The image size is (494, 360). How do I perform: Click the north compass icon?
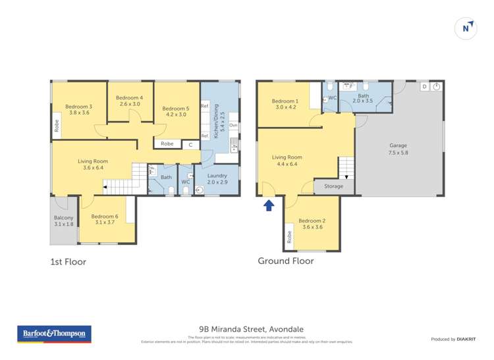pyautogui.click(x=466, y=28)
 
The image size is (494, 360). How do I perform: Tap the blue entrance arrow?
pyautogui.click(x=269, y=205)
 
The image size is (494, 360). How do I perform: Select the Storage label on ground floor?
pyautogui.click(x=333, y=186)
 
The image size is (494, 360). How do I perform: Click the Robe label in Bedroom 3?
pyautogui.click(x=57, y=125)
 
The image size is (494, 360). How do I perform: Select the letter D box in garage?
pyautogui.click(x=424, y=86)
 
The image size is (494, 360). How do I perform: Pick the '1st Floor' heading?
pyautogui.click(x=68, y=261)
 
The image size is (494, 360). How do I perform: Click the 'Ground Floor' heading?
pyautogui.click(x=285, y=261)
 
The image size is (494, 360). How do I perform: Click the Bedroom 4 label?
pyautogui.click(x=131, y=101)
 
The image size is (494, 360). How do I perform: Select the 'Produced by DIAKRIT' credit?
pyautogui.click(x=453, y=339)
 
